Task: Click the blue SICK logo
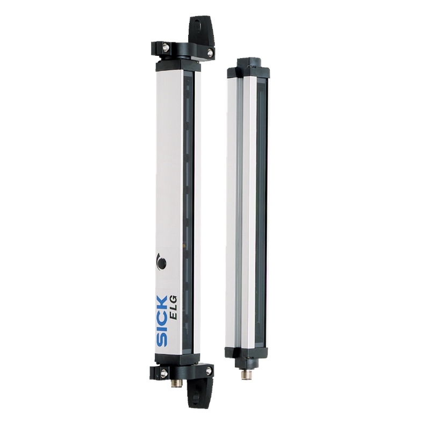click(162, 321)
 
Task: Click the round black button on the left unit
click(162, 263)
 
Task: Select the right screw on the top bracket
click(210, 52)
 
